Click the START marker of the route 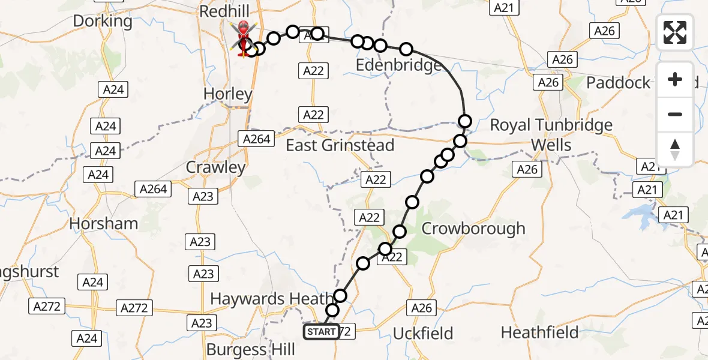(x=321, y=332)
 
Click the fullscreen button (x=675, y=32)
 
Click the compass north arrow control (x=675, y=149)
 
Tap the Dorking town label (x=103, y=21)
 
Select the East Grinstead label (x=340, y=145)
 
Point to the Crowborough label (x=473, y=228)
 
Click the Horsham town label (x=103, y=223)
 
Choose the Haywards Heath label (x=271, y=298)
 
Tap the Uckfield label (x=423, y=334)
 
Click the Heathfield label (x=539, y=332)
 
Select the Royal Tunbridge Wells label (x=551, y=134)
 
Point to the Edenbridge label (x=399, y=65)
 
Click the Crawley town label (x=216, y=167)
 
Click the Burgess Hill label (x=250, y=349)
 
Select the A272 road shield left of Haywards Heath (x=134, y=308)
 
